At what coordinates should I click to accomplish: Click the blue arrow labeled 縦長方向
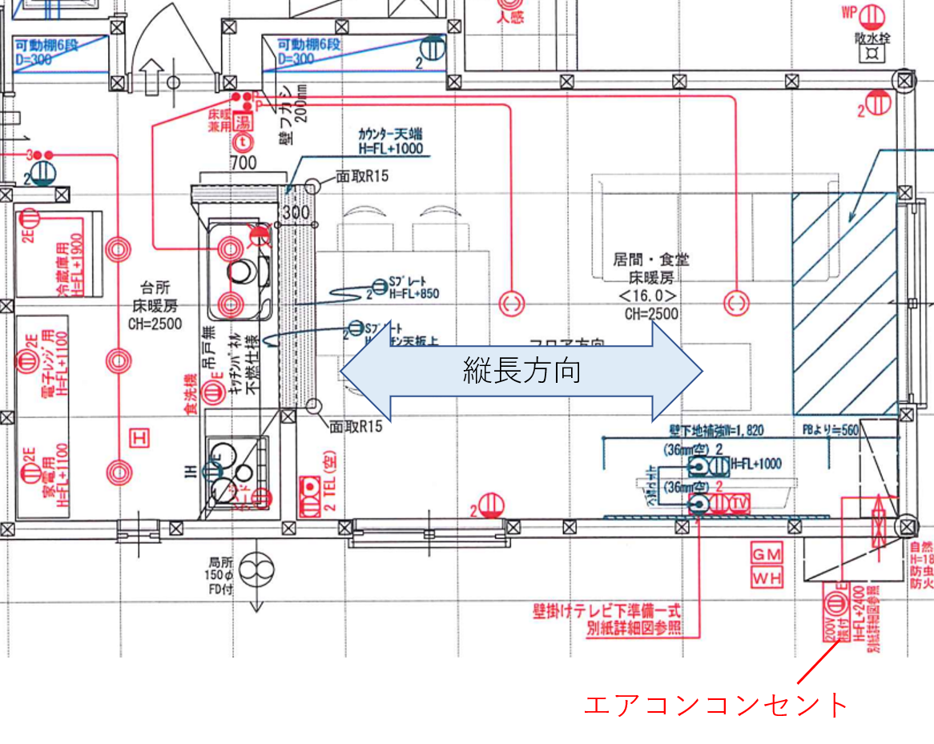point(521,371)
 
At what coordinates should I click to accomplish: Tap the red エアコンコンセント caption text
point(715,705)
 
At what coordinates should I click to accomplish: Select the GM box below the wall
point(767,553)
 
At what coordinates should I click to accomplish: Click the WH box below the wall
point(767,577)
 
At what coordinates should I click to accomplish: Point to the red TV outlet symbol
point(741,503)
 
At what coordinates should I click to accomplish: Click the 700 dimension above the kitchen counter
point(244,163)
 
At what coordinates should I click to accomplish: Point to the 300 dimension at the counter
point(295,212)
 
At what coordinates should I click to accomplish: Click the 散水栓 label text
point(872,38)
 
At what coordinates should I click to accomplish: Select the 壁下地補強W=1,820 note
point(717,431)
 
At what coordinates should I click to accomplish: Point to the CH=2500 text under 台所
point(155,324)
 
